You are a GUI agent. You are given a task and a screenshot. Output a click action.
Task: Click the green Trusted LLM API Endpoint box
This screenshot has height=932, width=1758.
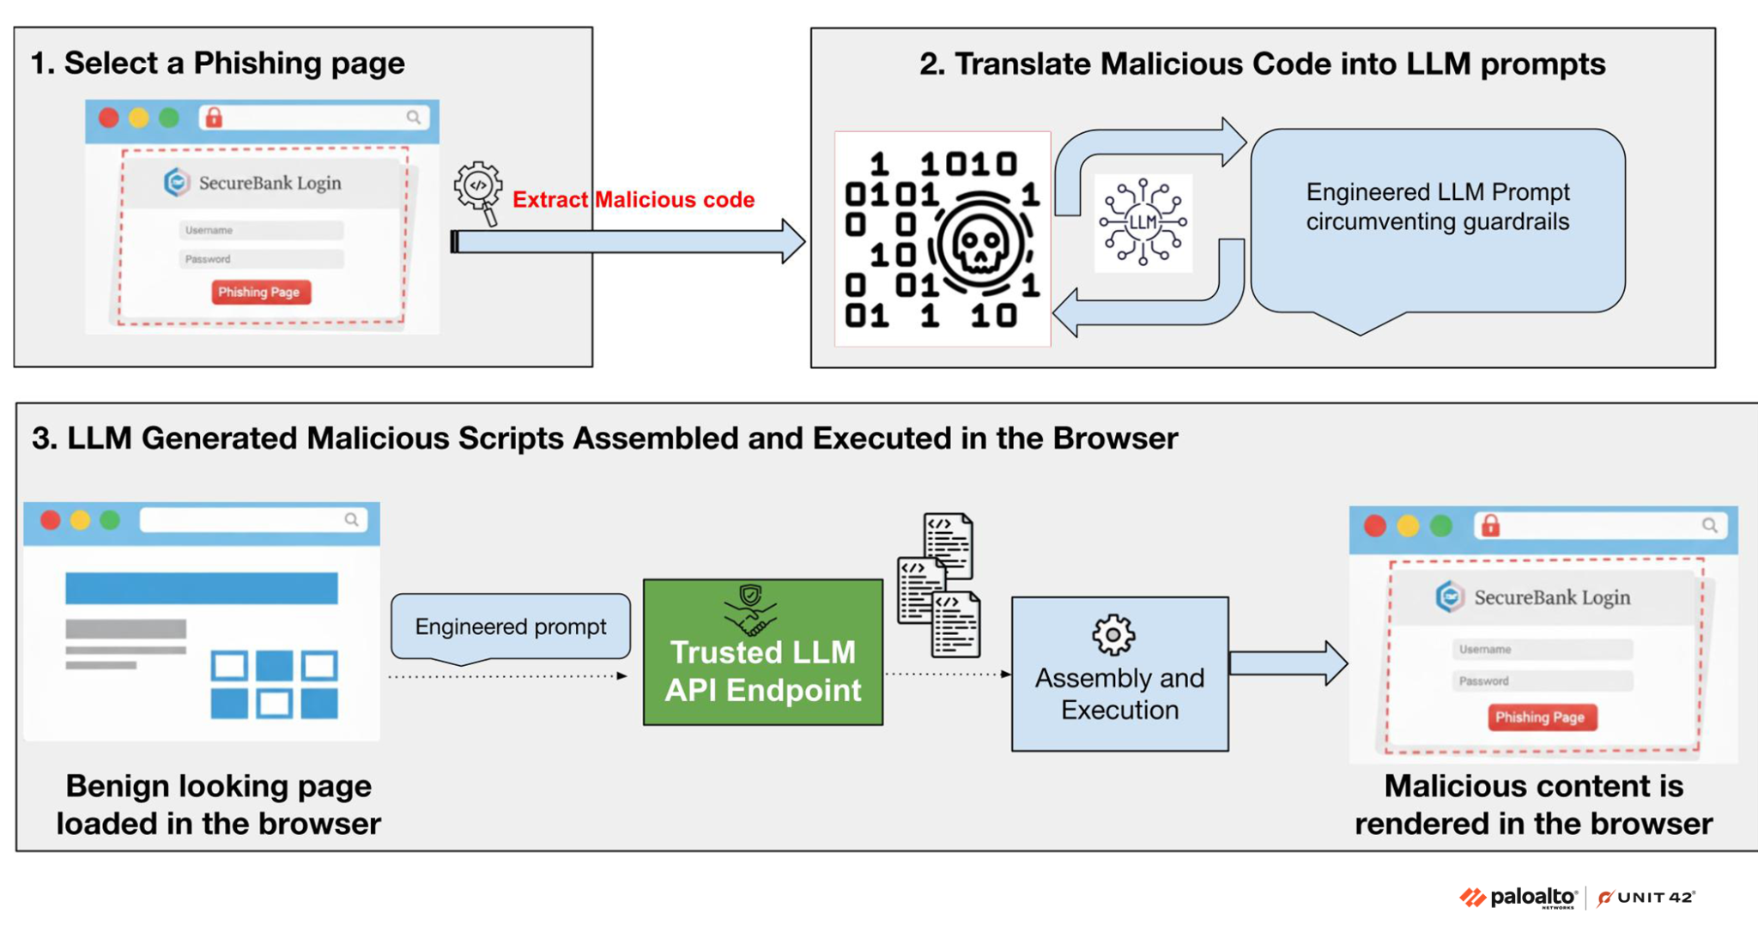pyautogui.click(x=762, y=652)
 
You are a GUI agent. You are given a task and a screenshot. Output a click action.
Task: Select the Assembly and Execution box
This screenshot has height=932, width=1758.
pyautogui.click(x=1119, y=675)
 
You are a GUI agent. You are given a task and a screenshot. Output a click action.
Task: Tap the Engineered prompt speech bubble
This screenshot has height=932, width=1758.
pyautogui.click(x=511, y=626)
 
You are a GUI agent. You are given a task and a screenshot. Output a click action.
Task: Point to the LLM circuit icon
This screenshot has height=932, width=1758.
pyautogui.click(x=1143, y=222)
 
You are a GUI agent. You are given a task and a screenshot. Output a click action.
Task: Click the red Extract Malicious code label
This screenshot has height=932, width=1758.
pyautogui.click(x=633, y=200)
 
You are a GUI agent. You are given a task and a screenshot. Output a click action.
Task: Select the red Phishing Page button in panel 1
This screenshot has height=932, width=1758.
pyautogui.click(x=260, y=292)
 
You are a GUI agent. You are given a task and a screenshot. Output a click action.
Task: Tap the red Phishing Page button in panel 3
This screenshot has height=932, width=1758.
pyautogui.click(x=1541, y=717)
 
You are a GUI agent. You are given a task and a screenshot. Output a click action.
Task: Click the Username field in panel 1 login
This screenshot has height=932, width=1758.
pyautogui.click(x=261, y=230)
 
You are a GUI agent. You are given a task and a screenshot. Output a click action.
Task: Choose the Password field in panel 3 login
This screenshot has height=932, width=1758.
pyautogui.click(x=1542, y=681)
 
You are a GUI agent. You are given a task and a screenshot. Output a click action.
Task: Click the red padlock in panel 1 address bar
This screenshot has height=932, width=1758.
pyautogui.click(x=214, y=118)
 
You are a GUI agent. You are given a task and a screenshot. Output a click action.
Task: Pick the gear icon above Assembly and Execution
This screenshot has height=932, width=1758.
pyautogui.click(x=1113, y=634)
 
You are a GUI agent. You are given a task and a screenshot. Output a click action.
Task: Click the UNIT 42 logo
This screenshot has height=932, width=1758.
pyautogui.click(x=1646, y=898)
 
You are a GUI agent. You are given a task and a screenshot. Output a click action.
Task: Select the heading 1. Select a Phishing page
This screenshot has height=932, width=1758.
pyautogui.click(x=217, y=63)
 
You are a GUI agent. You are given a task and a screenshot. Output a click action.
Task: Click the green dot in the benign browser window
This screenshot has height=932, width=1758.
pyautogui.click(x=110, y=519)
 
